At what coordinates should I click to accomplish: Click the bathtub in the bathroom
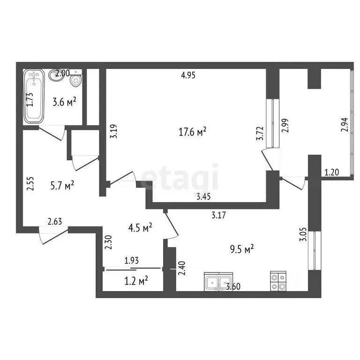34,96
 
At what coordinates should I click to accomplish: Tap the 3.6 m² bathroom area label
63,102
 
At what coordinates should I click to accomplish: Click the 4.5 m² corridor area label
140,228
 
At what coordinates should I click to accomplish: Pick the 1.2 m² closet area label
136,280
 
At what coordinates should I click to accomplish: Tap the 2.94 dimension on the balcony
345,124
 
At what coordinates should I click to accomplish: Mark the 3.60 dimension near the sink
234,287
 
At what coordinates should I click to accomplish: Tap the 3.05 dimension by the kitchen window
302,234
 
